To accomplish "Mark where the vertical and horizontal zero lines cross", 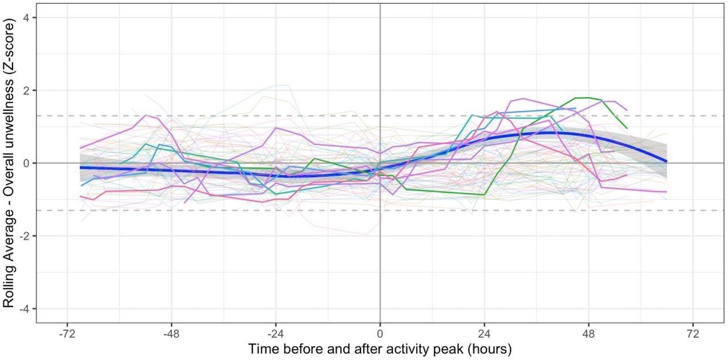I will point(380,163).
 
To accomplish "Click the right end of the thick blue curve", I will point(666,162).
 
